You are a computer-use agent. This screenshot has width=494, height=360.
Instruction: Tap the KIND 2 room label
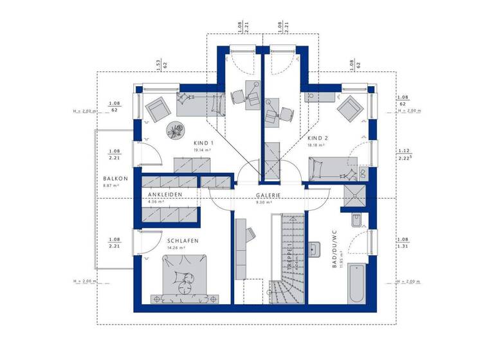point(318,138)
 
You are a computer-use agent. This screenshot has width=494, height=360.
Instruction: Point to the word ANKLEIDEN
point(165,194)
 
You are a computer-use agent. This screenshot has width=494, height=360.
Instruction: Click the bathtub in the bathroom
point(356,286)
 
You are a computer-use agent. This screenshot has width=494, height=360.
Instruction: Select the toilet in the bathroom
point(359,222)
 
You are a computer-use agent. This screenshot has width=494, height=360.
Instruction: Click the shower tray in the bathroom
point(355,195)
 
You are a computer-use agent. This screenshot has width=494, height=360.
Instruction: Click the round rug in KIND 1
point(175,129)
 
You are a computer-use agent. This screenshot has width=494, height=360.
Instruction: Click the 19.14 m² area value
point(203,150)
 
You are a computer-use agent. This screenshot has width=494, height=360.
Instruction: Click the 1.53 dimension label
point(157,64)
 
